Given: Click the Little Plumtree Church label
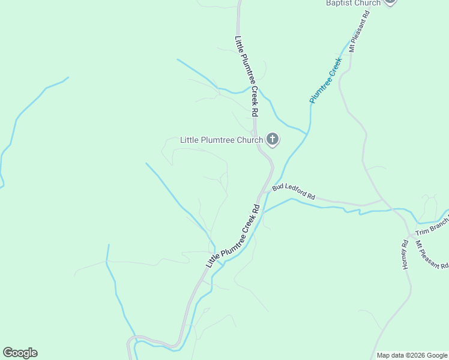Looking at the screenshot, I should (x=221, y=140).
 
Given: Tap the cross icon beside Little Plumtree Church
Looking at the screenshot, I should (x=273, y=140).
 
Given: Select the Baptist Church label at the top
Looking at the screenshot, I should (x=353, y=3).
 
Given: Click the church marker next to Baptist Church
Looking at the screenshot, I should (x=390, y=1).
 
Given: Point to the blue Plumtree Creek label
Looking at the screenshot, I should (x=325, y=80).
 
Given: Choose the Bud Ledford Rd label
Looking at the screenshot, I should (x=294, y=191).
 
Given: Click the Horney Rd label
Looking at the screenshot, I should (x=405, y=254).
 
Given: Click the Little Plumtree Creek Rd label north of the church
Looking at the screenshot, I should (x=247, y=76).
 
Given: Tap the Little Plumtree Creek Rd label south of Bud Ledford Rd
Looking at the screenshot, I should (x=233, y=236).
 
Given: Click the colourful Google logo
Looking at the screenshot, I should (x=20, y=353).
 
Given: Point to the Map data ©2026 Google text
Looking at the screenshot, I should (x=412, y=355).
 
